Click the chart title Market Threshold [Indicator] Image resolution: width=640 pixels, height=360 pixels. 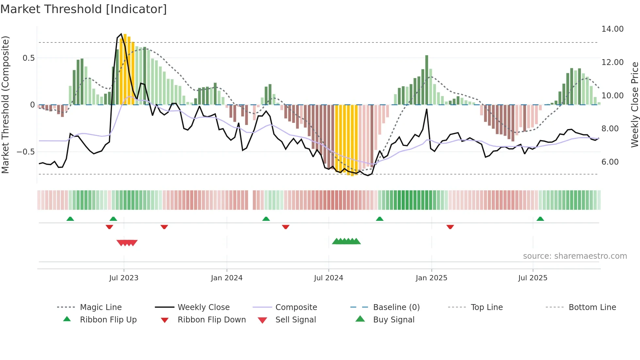click(84, 9)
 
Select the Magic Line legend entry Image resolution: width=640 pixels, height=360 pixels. click(101, 307)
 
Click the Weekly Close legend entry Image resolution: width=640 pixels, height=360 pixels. click(203, 307)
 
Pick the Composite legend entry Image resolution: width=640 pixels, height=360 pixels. click(296, 307)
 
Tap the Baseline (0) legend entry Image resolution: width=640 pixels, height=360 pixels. click(396, 307)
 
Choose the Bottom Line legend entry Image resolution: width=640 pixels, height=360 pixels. click(592, 307)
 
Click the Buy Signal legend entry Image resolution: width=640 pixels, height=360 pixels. click(393, 320)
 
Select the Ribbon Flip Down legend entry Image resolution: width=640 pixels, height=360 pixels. click(211, 320)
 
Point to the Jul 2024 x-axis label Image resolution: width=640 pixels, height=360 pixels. click(328, 278)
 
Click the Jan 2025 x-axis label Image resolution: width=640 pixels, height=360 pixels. click(431, 278)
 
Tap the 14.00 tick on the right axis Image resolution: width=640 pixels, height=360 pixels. click(612, 29)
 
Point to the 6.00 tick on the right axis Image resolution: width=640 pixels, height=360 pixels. click(610, 162)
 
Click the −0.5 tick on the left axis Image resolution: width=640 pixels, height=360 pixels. click(25, 152)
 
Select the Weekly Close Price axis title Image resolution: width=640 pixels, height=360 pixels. click(634, 105)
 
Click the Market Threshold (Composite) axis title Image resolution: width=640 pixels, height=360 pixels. click(5, 105)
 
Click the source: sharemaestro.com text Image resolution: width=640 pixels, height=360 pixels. click(575, 256)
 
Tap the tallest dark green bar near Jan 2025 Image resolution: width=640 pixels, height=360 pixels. click(427, 80)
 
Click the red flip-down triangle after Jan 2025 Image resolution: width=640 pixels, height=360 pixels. click(450, 227)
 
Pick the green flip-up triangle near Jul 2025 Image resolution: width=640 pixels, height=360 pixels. click(540, 219)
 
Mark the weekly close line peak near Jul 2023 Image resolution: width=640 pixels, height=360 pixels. click(121, 34)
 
